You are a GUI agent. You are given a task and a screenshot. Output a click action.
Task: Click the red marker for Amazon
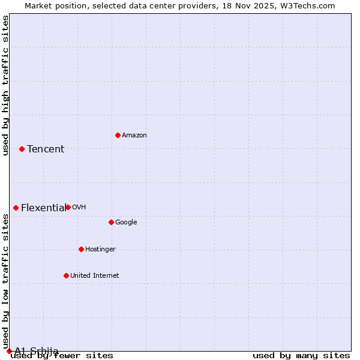click(118, 135)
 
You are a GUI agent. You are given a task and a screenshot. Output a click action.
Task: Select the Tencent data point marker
click(22, 149)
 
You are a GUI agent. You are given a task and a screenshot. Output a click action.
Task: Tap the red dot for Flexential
click(16, 208)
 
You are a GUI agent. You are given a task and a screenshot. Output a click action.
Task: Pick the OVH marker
click(68, 207)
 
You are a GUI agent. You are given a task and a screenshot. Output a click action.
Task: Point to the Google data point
click(111, 222)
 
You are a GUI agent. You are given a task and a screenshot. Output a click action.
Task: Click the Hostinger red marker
click(81, 249)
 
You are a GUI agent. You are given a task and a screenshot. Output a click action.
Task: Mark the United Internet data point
click(66, 275)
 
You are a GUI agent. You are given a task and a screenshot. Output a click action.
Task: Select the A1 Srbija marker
click(9, 351)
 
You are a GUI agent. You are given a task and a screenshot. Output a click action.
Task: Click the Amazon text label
click(134, 136)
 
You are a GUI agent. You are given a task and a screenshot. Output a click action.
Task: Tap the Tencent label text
click(46, 149)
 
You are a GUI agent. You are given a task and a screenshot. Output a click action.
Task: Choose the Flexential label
click(44, 208)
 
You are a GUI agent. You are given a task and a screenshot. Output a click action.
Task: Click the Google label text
click(126, 223)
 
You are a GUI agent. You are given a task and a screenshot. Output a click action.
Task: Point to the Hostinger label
click(100, 250)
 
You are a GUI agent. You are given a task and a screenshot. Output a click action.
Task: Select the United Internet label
click(95, 276)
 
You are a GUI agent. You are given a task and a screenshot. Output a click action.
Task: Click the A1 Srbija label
click(37, 351)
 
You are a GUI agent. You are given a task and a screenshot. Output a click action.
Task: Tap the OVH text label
click(79, 208)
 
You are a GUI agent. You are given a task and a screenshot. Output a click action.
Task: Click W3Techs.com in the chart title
click(308, 6)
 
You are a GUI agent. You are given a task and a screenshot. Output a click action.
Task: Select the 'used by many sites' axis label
click(301, 356)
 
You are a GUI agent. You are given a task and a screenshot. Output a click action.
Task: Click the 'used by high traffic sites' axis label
click(6, 85)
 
